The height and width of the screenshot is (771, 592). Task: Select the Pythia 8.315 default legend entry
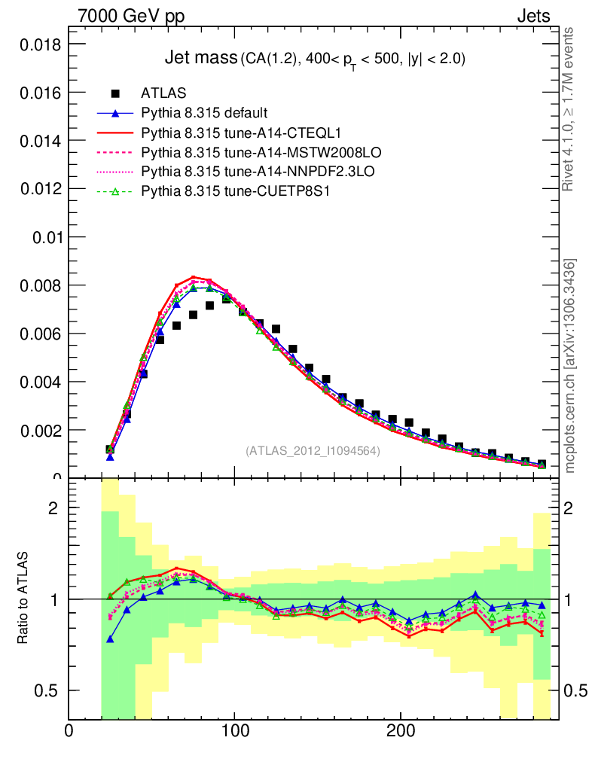pyautogui.click(x=204, y=114)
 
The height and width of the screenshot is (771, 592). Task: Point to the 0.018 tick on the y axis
pyautogui.click(x=38, y=44)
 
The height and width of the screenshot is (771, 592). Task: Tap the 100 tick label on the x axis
pyautogui.click(x=234, y=730)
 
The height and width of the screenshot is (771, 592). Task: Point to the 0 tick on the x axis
pyautogui.click(x=69, y=730)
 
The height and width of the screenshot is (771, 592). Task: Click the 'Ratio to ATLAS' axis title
pyautogui.click(x=23, y=598)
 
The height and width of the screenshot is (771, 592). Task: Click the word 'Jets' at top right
pyautogui.click(x=533, y=15)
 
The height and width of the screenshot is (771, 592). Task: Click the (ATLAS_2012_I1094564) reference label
pyautogui.click(x=313, y=450)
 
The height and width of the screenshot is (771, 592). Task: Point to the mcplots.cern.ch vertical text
pyautogui.click(x=570, y=366)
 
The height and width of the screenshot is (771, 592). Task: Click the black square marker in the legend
pyautogui.click(x=115, y=94)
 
